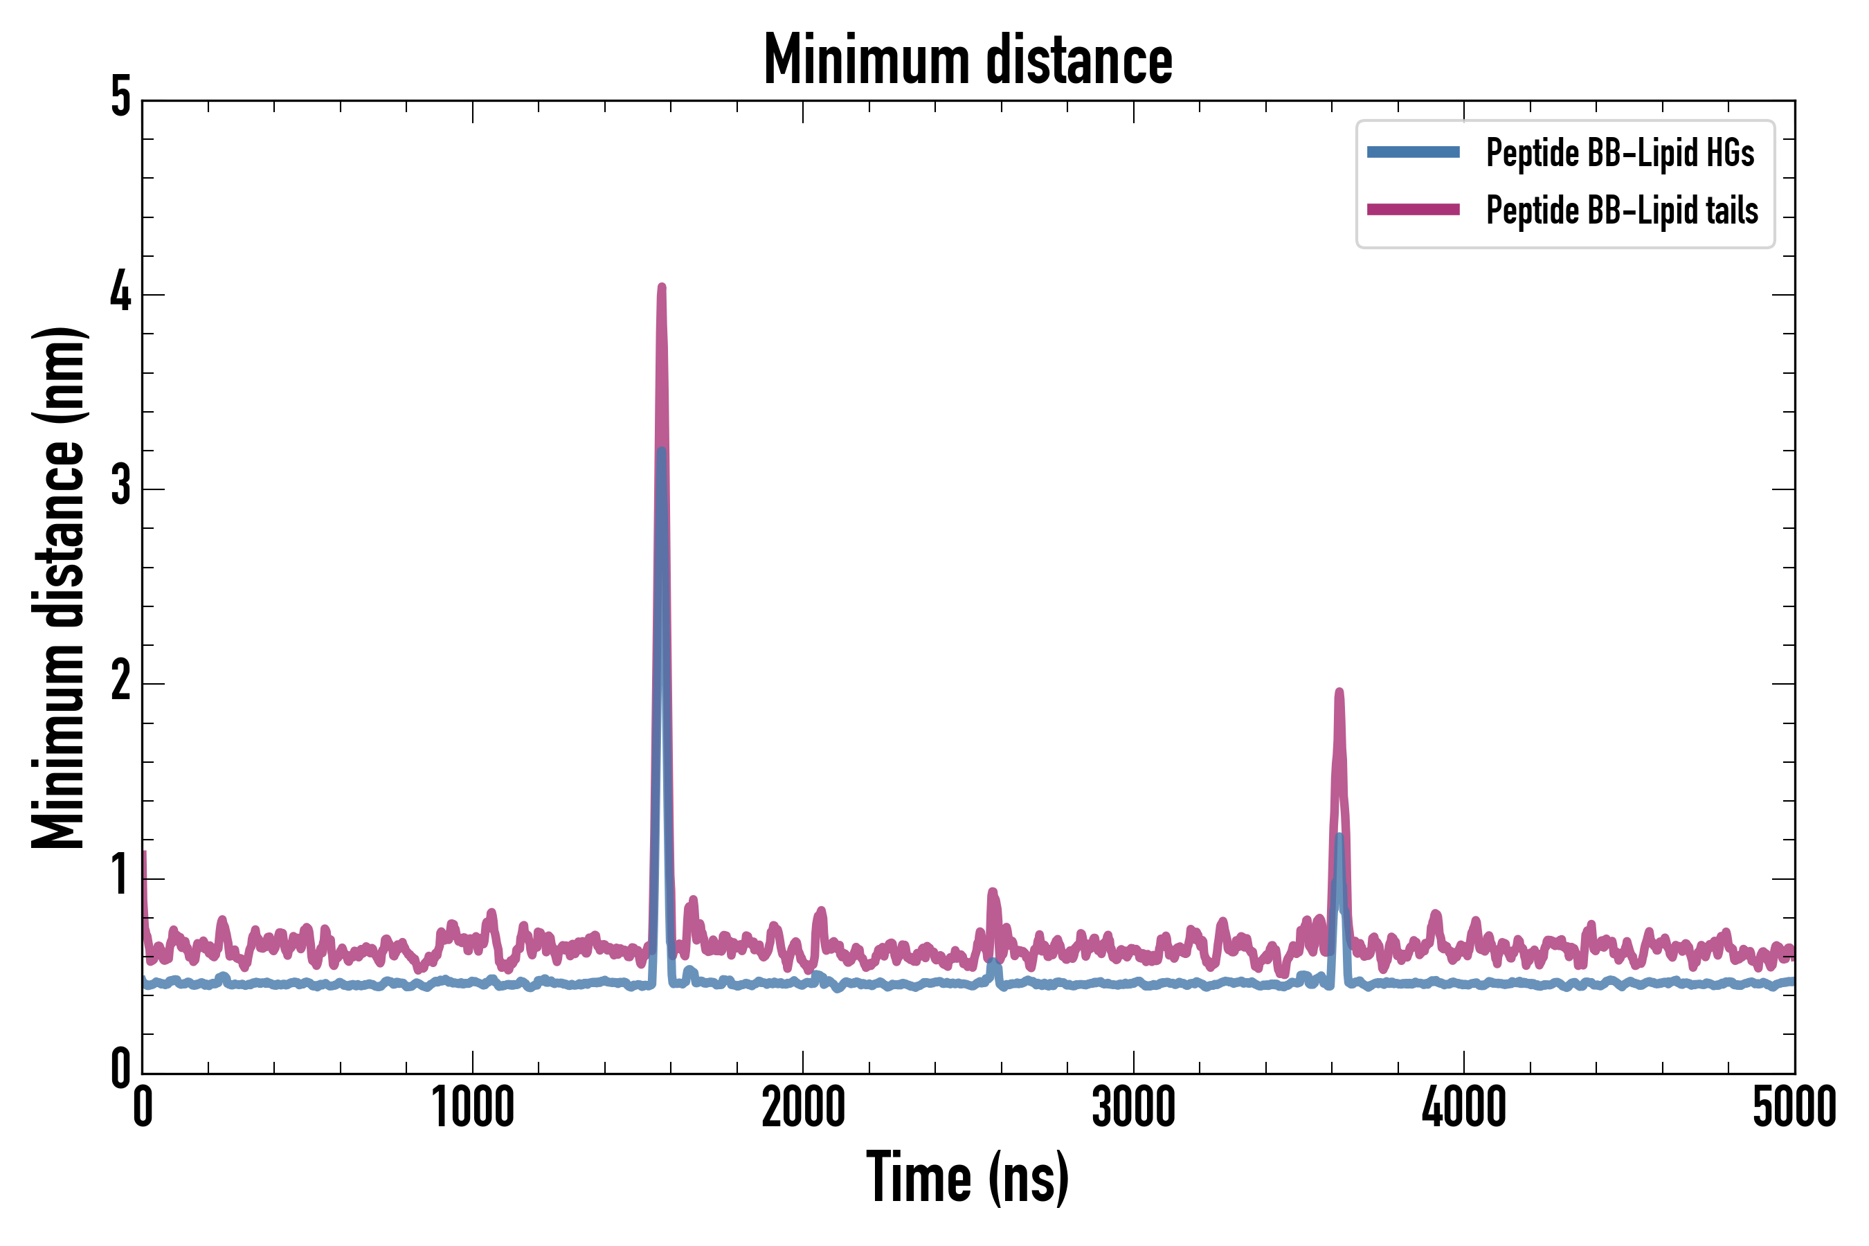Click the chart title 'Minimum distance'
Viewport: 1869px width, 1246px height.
pos(967,60)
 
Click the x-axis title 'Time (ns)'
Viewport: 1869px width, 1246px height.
pos(967,1177)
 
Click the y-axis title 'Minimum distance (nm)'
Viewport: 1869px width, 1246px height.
pos(58,587)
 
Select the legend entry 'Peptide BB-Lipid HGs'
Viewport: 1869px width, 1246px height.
pos(1620,152)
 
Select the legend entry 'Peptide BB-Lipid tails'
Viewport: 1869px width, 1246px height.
pos(1622,210)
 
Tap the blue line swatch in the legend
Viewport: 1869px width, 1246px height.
pos(1413,152)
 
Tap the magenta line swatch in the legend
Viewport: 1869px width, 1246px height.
pos(1413,210)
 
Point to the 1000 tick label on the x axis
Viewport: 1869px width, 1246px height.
pos(473,1108)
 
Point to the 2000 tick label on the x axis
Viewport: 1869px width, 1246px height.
pos(802,1108)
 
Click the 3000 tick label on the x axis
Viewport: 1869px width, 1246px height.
pos(1133,1108)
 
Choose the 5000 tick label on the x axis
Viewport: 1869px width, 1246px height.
pos(1794,1108)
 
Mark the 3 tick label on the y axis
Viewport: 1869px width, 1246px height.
pos(120,487)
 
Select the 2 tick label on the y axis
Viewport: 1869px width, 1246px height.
pos(120,681)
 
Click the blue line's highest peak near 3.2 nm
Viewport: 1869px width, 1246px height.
pos(661,451)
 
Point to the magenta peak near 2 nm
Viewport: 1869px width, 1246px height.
pos(1339,693)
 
